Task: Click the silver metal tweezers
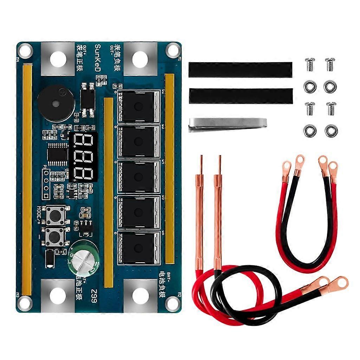click(x=227, y=124)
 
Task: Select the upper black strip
click(x=240, y=70)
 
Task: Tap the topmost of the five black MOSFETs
click(x=139, y=107)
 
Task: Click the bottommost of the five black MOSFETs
click(x=139, y=248)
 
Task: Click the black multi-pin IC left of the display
click(x=57, y=154)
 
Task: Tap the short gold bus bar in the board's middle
click(x=109, y=192)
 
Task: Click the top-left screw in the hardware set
click(x=310, y=64)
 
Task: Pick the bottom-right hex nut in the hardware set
click(x=331, y=131)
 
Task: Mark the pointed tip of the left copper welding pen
click(x=201, y=157)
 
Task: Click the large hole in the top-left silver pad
click(x=58, y=59)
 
